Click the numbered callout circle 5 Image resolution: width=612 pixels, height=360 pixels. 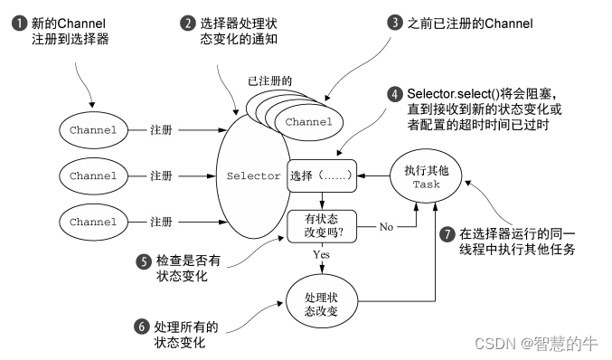[143, 261]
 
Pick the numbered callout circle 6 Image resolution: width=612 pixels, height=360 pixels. [143, 327]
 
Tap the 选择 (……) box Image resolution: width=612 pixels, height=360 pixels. [320, 175]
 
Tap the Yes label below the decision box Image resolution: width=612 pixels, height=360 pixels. [321, 256]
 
